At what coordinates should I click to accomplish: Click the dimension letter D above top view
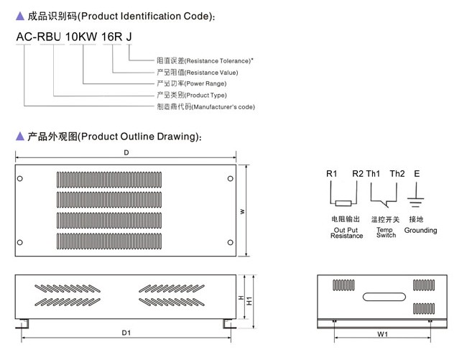pyautogui.click(x=126, y=152)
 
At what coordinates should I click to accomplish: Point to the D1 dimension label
pyautogui.click(x=126, y=333)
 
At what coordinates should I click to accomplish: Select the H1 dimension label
pyautogui.click(x=251, y=300)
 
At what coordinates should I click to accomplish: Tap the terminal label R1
pyautogui.click(x=331, y=174)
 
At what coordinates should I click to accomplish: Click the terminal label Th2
pyautogui.click(x=397, y=174)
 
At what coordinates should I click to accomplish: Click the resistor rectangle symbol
pyautogui.click(x=344, y=203)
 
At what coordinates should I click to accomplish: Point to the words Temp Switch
pyautogui.click(x=386, y=233)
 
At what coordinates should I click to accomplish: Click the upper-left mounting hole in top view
pyautogui.click(x=20, y=177)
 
